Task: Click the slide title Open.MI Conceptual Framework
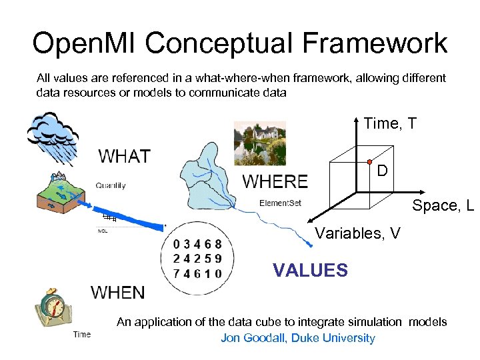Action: [240, 43]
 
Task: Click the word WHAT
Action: [125, 157]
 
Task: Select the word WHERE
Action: [275, 181]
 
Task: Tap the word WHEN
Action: [117, 292]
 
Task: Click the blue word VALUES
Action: [310, 270]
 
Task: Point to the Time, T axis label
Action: [390, 123]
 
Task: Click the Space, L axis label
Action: [442, 206]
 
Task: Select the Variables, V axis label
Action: [357, 233]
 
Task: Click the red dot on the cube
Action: [368, 162]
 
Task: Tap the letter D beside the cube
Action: [382, 171]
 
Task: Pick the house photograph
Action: [259, 143]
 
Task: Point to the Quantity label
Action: [110, 186]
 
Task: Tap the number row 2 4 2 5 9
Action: [197, 259]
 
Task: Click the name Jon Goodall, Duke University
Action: [297, 338]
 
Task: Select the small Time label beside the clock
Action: [82, 334]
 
